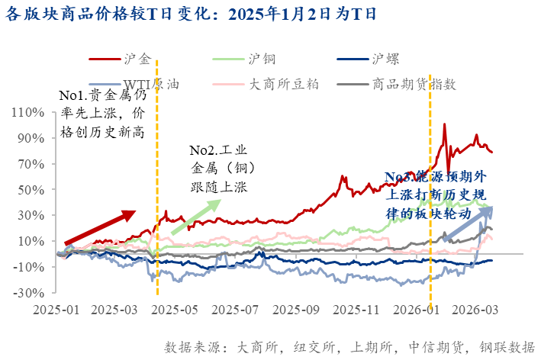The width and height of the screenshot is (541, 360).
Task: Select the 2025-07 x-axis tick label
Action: tap(232, 310)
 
